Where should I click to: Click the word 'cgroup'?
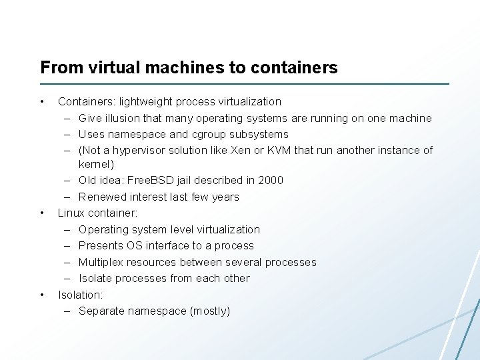[211, 134]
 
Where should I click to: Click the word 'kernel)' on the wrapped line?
[97, 164]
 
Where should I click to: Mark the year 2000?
[271, 180]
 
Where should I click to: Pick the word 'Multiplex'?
[101, 262]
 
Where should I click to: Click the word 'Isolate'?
[95, 278]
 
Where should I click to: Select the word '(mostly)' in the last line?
[209, 311]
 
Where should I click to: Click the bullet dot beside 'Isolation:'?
[42, 294]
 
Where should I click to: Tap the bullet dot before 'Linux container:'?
[42, 213]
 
